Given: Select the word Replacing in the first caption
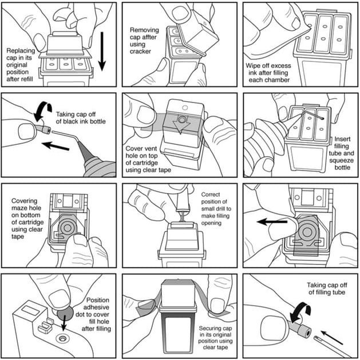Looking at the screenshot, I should click(x=21, y=50).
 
